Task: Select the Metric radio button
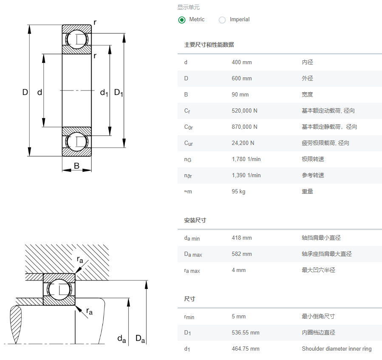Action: [182, 20]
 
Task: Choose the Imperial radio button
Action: [222, 20]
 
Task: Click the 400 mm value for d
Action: [241, 62]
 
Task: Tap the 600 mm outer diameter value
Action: [241, 79]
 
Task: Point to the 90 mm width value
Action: [240, 95]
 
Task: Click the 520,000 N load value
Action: [244, 111]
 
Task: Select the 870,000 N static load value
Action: [244, 127]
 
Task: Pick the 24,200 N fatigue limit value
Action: [243, 143]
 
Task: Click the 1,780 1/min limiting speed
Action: [246, 159]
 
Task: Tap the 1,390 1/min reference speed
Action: [246, 176]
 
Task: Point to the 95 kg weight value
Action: [238, 192]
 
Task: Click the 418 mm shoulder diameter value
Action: [241, 238]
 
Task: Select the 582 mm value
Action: [241, 254]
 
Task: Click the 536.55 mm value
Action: [245, 333]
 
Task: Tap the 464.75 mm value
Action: [245, 349]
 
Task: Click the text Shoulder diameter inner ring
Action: [337, 349]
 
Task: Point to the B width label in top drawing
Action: [76, 166]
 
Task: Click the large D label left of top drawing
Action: [25, 92]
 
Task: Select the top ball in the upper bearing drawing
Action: [76, 39]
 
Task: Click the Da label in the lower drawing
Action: [140, 339]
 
